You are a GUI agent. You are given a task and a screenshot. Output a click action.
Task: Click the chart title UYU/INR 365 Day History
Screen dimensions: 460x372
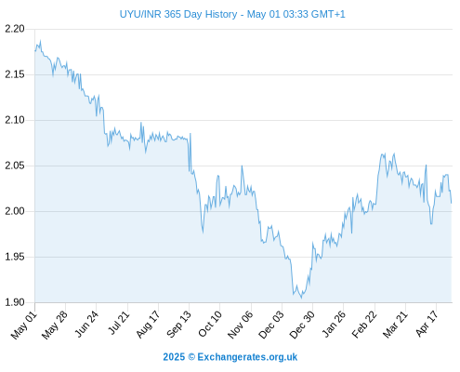[178, 14]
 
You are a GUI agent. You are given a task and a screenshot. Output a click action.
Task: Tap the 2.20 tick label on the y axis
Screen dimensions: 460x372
[15, 29]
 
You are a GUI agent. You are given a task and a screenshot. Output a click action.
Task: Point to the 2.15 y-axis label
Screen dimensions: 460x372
[15, 74]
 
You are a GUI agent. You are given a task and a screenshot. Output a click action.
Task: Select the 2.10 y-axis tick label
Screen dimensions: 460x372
[15, 120]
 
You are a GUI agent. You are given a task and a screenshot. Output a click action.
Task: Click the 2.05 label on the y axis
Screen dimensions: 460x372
[15, 166]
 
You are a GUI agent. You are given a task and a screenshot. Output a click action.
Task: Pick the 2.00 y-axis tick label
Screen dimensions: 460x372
[15, 211]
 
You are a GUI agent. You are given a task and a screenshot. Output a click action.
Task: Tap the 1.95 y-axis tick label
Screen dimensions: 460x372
[15, 257]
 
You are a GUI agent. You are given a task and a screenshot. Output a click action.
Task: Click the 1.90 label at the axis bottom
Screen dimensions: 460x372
[15, 302]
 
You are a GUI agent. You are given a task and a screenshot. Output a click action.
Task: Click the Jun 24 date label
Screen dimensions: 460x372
[86, 324]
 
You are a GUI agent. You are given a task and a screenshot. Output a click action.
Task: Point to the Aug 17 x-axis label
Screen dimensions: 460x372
[148, 325]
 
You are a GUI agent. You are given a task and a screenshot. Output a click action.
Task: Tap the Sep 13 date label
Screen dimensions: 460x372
[178, 325]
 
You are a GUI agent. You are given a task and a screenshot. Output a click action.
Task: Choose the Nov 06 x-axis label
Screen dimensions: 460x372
[241, 325]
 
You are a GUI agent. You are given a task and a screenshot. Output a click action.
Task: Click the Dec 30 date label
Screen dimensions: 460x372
[302, 325]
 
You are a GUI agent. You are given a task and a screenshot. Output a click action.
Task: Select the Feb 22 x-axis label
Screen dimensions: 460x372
[364, 325]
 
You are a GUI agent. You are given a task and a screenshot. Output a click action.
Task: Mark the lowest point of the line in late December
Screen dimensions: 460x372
[301, 299]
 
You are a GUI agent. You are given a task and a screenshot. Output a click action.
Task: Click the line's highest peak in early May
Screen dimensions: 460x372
[40, 41]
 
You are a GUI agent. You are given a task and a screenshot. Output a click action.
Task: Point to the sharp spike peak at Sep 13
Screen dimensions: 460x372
[191, 134]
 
